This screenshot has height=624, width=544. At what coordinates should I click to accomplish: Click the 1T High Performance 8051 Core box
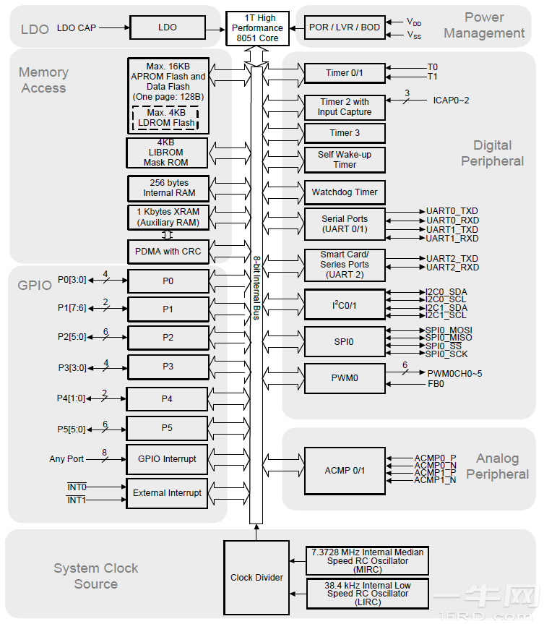pos(257,28)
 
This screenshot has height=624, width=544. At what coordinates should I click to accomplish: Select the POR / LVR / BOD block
pos(344,27)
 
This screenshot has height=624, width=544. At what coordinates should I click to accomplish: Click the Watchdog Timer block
pos(345,192)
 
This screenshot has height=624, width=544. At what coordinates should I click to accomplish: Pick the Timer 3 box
pos(345,133)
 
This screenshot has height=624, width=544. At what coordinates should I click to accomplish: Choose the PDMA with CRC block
pos(168,252)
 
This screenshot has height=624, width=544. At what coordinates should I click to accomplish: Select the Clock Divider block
pos(256,577)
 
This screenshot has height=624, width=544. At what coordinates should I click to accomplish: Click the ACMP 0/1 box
pos(345,471)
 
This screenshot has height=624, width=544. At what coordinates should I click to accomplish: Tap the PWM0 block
pos(345,377)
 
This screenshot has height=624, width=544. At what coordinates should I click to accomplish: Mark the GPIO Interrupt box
pos(167,458)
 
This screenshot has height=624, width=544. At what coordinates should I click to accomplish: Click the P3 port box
pos(168,367)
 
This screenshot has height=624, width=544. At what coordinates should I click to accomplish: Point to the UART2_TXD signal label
pos(452,258)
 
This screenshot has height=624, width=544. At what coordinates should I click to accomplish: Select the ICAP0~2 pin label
pos(451,100)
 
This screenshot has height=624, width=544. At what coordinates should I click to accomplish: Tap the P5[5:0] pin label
pos(72,429)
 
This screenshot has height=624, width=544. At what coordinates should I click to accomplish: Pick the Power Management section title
pos(484,25)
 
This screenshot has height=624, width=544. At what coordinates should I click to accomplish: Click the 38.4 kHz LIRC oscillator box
pos(368,593)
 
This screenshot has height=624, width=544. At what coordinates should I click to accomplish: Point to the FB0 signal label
pos(436,384)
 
